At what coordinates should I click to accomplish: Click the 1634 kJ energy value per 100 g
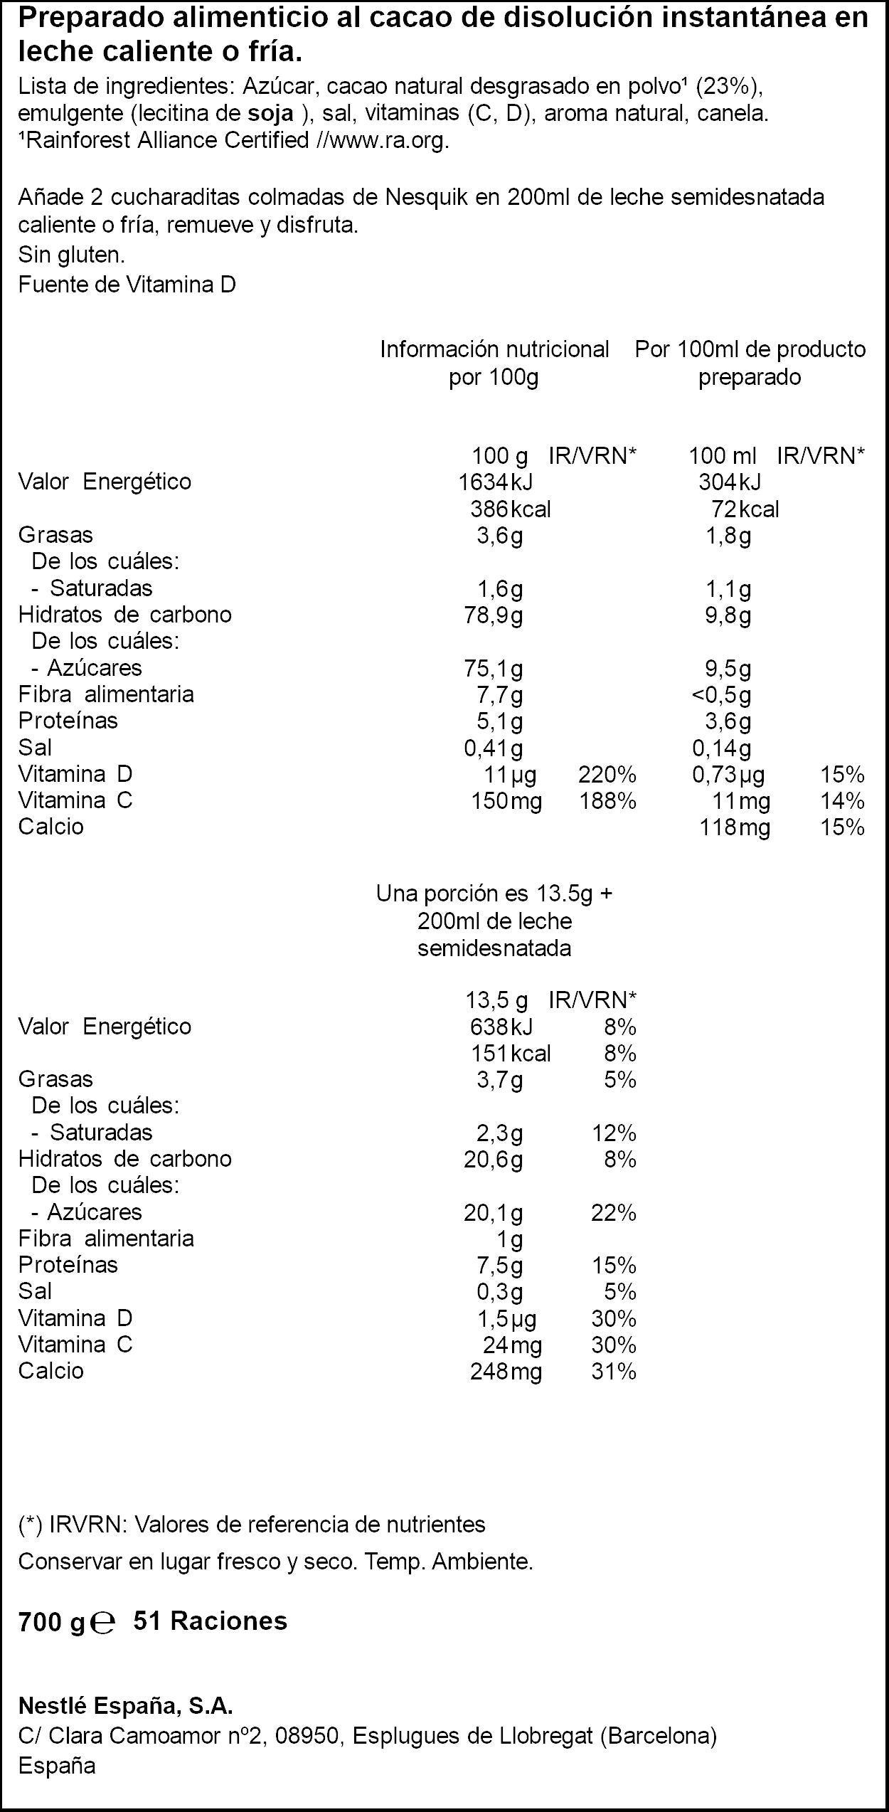pos(495,482)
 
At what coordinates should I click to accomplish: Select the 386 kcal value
pos(511,509)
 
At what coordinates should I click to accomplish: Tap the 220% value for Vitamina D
pos(607,774)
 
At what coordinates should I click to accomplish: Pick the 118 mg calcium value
pos(735,827)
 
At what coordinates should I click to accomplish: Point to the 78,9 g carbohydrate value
pos(494,615)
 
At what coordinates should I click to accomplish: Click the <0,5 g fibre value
pos(721,694)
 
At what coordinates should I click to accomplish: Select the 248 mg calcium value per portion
pos(506,1371)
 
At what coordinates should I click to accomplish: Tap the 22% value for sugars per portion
pos(614,1212)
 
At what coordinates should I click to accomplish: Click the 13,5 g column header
pos(496,1001)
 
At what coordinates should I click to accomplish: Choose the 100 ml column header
pos(723,455)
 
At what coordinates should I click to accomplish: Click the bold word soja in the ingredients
pos(270,114)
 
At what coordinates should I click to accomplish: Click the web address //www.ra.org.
pos(384,141)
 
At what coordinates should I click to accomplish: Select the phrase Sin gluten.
pos(72,255)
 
